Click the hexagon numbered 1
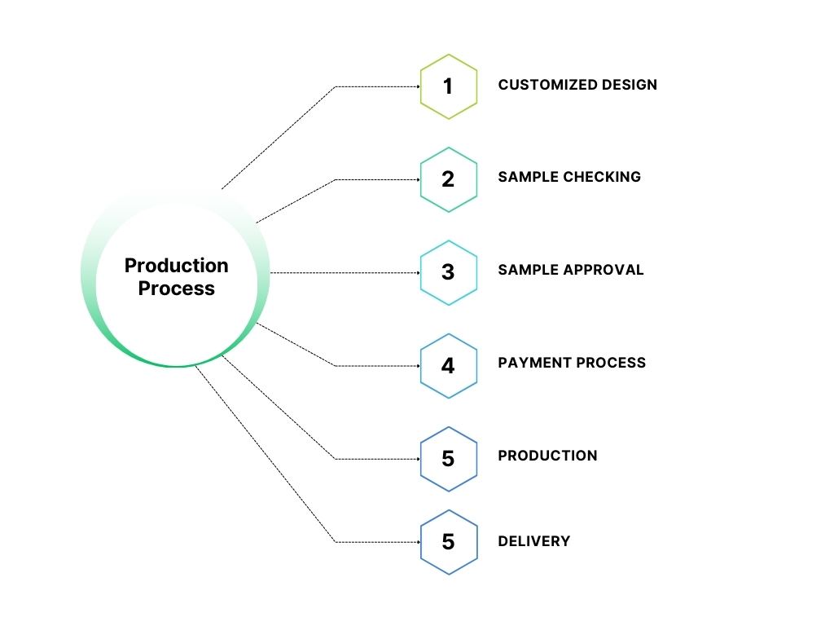(448, 86)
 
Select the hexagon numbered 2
(448, 179)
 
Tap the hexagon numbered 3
(448, 272)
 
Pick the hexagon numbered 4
(448, 366)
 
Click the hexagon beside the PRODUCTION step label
(448, 459)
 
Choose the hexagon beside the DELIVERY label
(448, 541)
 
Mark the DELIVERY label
(534, 540)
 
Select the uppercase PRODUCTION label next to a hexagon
(547, 456)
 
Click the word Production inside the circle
(176, 266)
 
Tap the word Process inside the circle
(176, 289)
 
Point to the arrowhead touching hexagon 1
(417, 86)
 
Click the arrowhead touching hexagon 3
(417, 272)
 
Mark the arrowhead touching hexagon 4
(417, 366)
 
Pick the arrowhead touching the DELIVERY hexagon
(417, 541)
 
